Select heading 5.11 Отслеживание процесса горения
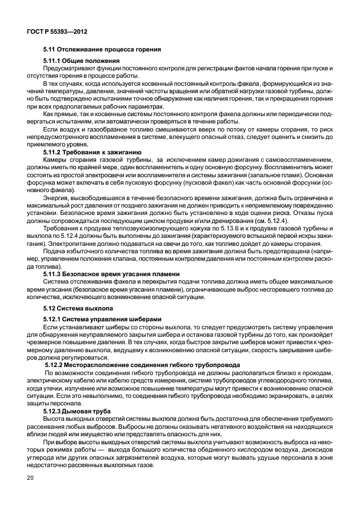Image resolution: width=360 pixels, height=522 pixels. coord(102,49)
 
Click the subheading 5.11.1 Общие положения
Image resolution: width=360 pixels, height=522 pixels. coord(81,61)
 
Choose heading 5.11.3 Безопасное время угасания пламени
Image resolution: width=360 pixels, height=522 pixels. coord(107,274)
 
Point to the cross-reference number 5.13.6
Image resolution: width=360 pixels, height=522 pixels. coord(213,227)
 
